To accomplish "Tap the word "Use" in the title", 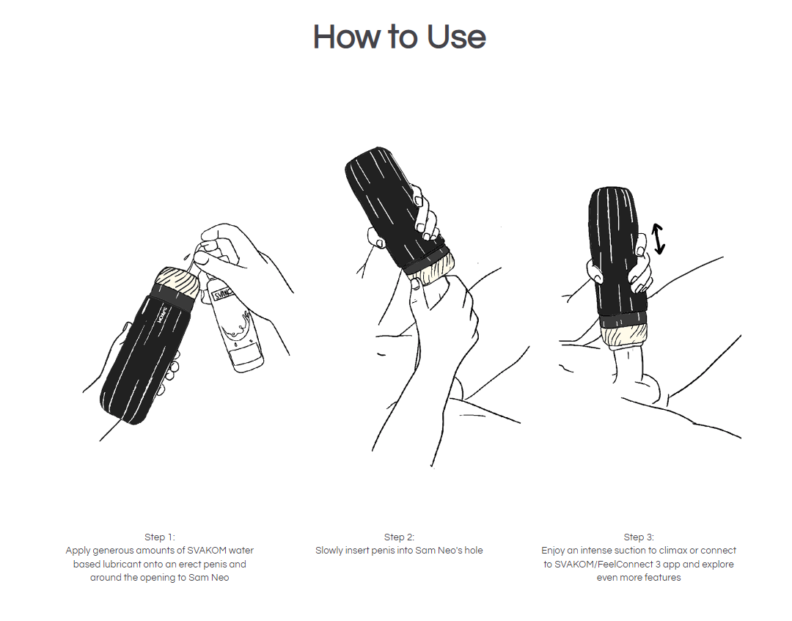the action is [456, 37].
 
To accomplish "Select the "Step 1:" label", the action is [160, 537].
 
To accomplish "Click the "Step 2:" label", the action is [399, 537].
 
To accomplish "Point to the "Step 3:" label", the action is [639, 537].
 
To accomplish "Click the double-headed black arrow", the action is [658, 238].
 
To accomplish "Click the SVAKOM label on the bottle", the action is [222, 293].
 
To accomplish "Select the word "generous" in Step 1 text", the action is [113, 551].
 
